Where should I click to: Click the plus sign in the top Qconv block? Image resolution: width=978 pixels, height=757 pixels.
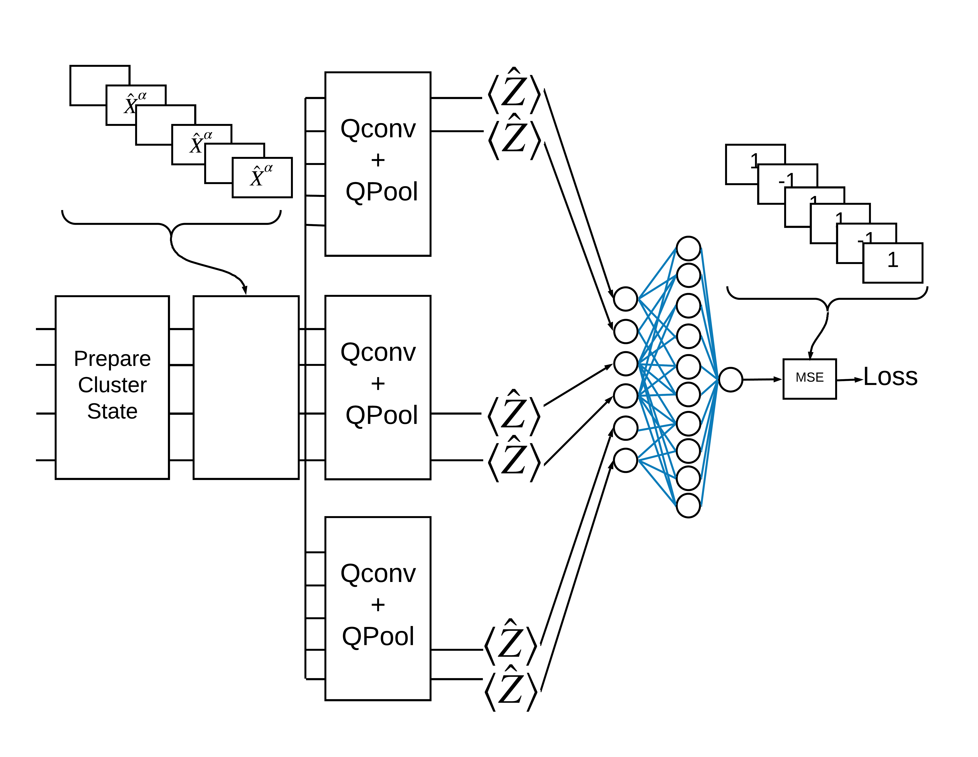point(378,160)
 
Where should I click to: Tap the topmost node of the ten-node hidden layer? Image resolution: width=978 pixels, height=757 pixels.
point(688,248)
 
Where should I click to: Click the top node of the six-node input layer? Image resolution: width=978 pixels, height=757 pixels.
point(626,299)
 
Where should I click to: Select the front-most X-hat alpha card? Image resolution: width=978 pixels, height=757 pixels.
point(262,177)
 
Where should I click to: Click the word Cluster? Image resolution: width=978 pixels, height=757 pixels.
point(112,385)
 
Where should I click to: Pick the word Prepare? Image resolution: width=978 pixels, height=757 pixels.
point(112,359)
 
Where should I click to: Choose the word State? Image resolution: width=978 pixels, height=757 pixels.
point(112,411)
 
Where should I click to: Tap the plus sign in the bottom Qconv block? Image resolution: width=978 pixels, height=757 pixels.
point(378,605)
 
